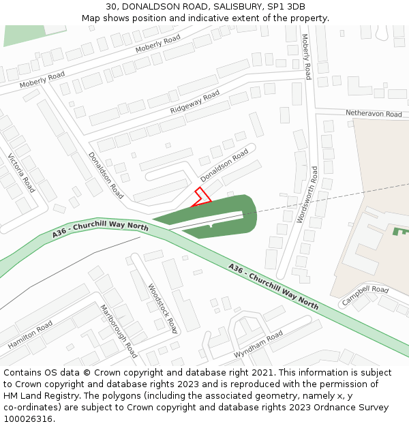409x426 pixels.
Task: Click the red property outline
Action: tap(201, 196)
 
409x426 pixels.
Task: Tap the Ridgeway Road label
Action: tap(195, 102)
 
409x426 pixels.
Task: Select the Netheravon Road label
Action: tap(374, 114)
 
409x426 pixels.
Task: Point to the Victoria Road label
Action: tap(21, 173)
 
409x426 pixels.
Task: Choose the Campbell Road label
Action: tap(365, 294)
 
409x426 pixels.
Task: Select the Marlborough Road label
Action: tap(118, 330)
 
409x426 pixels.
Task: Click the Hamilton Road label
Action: tap(30, 335)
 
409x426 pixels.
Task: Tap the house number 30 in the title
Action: tap(112, 6)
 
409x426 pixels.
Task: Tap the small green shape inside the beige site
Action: tap(398, 231)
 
